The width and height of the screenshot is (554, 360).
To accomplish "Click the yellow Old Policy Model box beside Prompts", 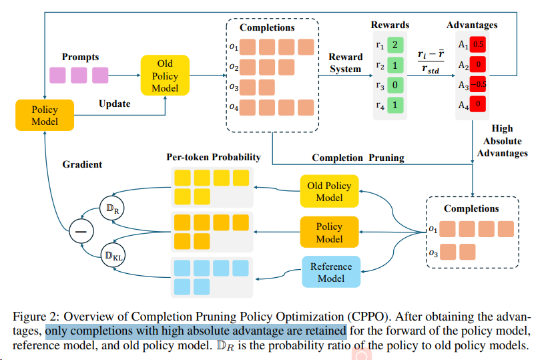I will tap(165, 75).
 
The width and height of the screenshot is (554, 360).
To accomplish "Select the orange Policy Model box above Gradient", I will tap(45, 115).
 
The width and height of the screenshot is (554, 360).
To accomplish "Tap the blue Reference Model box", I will tap(330, 272).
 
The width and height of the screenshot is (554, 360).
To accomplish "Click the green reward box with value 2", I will tap(394, 45).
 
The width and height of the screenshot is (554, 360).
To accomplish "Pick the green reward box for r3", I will tap(394, 85).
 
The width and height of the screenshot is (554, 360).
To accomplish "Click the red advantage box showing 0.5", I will tap(478, 45).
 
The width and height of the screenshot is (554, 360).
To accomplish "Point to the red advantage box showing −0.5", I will tap(478, 85).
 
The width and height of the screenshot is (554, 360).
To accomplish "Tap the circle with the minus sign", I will tap(81, 232).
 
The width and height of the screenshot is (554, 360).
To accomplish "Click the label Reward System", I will tap(346, 63).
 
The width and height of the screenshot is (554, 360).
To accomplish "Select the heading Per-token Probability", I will tap(214, 158).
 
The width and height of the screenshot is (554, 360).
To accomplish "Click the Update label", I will tap(115, 104).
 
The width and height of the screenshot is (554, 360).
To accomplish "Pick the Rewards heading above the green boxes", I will tap(390, 25).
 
